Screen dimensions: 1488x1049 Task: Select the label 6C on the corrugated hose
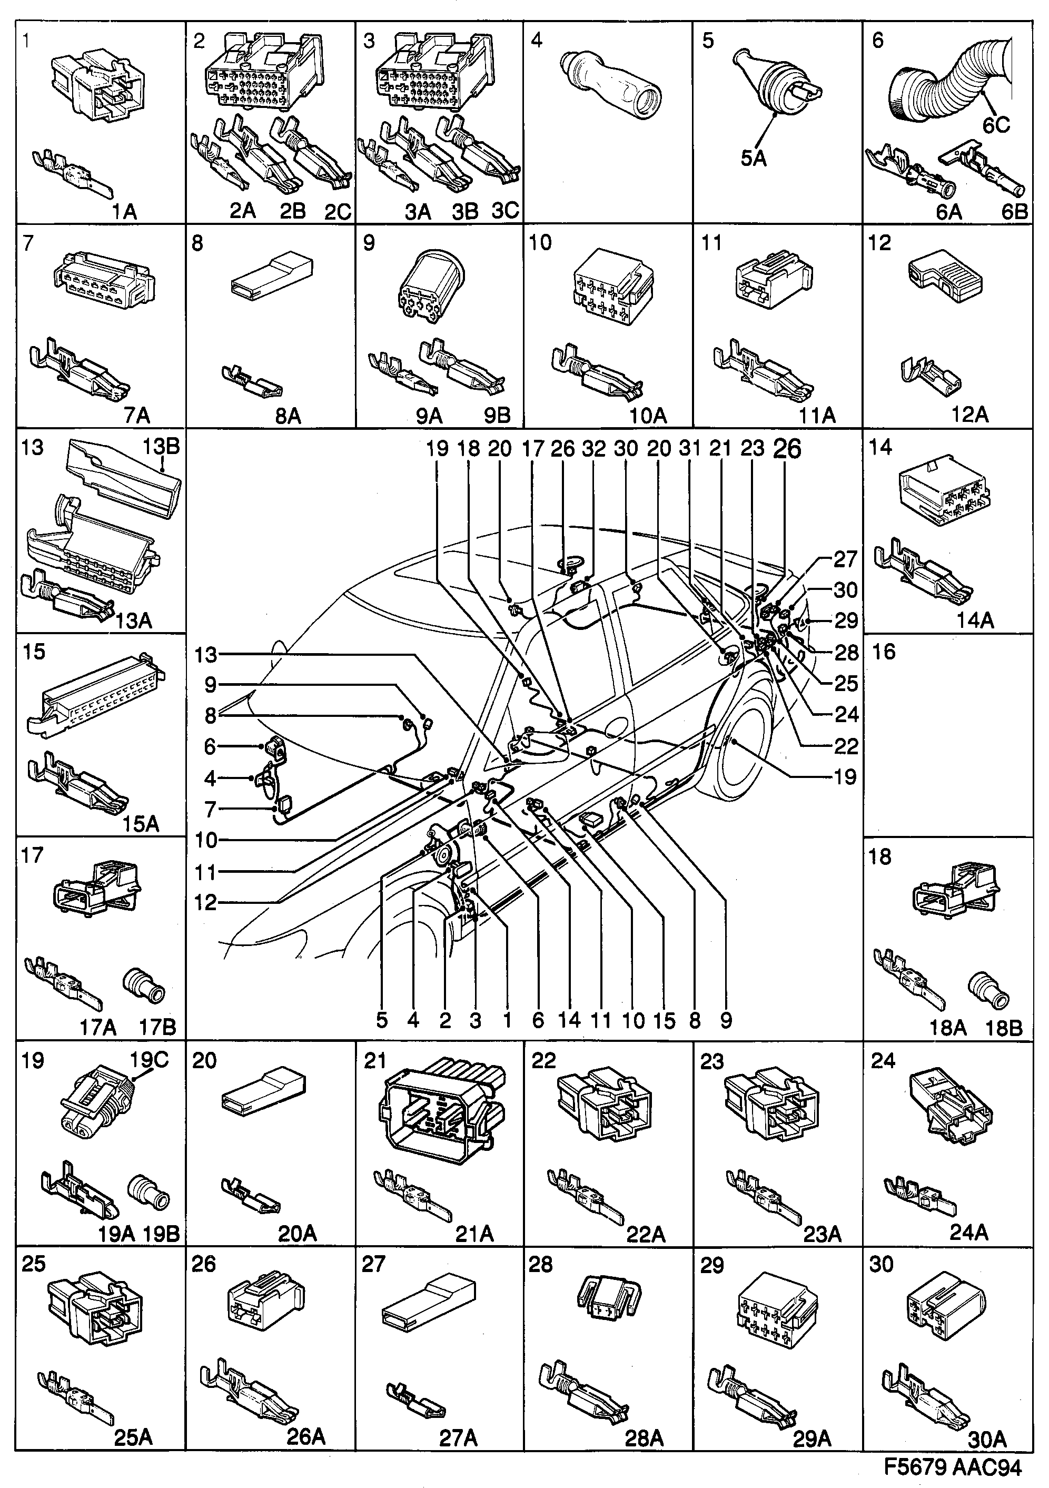click(x=996, y=124)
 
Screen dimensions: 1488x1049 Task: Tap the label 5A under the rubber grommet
click(x=754, y=157)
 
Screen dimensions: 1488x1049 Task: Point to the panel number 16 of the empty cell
click(x=884, y=652)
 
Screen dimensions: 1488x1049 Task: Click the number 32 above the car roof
click(x=593, y=448)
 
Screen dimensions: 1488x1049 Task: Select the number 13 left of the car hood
click(x=205, y=655)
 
